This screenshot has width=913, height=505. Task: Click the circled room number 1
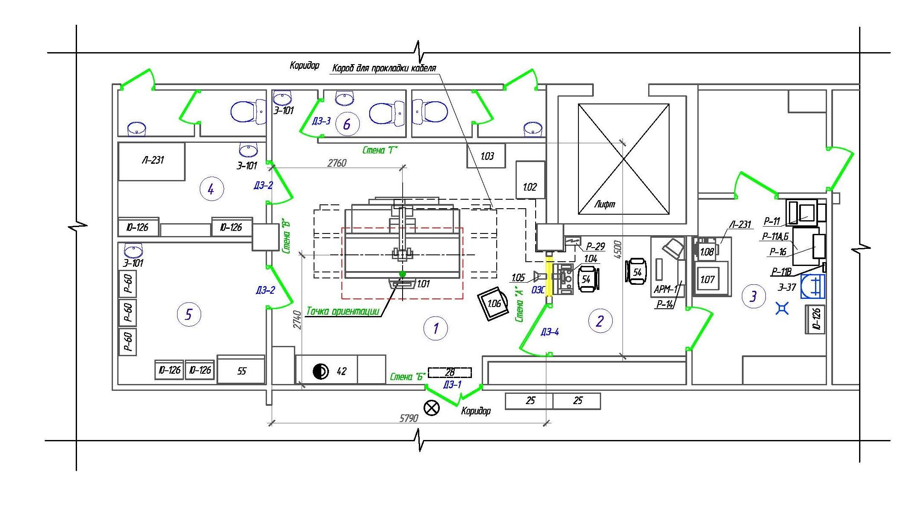pyautogui.click(x=436, y=328)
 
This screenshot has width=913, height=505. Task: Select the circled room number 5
pyautogui.click(x=189, y=315)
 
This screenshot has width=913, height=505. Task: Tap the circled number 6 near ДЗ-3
pyautogui.click(x=347, y=124)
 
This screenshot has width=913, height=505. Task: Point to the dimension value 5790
pyautogui.click(x=409, y=418)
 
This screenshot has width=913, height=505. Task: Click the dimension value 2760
pyautogui.click(x=337, y=163)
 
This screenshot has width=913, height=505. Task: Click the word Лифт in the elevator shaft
pyautogui.click(x=605, y=204)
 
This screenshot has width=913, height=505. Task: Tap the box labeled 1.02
pyautogui.click(x=531, y=180)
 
